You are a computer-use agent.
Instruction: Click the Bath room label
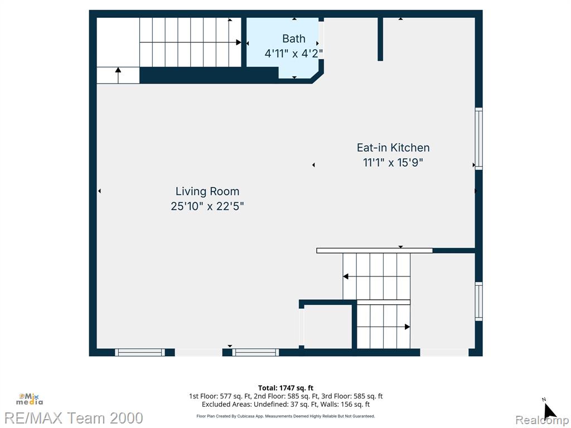point(293,38)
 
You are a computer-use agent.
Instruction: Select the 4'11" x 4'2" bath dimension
point(293,53)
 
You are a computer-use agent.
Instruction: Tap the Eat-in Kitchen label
point(393,148)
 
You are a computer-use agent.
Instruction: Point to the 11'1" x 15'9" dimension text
point(393,163)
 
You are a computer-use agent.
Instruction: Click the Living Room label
point(207,192)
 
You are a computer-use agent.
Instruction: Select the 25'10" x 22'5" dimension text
point(207,206)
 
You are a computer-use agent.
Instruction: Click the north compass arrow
point(549,411)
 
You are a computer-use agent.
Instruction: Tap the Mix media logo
point(29,398)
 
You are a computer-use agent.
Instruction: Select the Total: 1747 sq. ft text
point(285,388)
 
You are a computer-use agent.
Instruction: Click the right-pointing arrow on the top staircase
point(239,42)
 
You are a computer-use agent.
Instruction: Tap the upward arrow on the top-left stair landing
point(118,70)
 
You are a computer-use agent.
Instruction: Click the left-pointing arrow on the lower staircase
point(346,276)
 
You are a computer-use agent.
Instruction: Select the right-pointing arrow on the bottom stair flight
point(407,327)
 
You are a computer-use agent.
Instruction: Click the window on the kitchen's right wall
point(478,138)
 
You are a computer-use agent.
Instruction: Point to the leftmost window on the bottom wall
point(140,352)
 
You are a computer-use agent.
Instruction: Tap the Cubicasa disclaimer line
point(285,416)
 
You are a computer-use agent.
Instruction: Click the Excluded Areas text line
point(285,405)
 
